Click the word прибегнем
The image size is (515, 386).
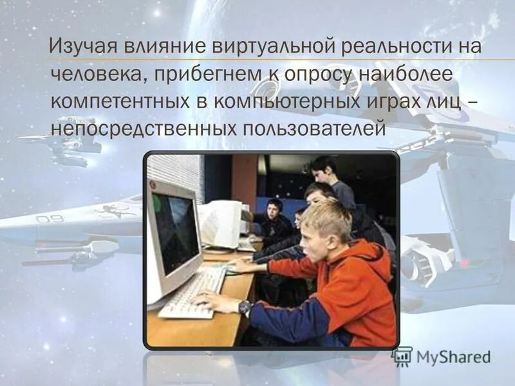tap(205, 75)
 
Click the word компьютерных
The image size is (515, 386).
tap(281, 102)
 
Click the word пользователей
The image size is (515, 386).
tap(314, 129)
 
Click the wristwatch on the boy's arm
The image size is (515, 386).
tap(245, 308)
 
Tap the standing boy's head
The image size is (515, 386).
tap(324, 169)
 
